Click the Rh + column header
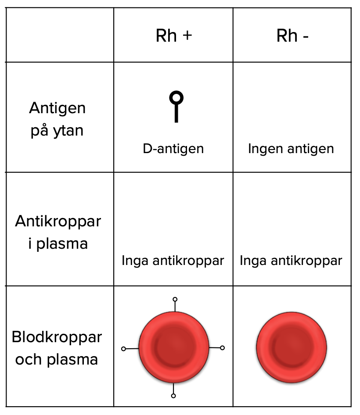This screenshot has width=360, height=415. point(174,36)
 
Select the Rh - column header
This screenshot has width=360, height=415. point(292,36)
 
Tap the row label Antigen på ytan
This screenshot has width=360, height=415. point(57,119)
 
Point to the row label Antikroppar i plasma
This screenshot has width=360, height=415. point(58,232)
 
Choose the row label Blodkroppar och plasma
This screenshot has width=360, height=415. point(57,348)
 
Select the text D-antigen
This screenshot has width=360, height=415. point(173,149)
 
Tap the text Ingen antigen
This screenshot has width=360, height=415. point(291,149)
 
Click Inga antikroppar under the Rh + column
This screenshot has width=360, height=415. point(173,261)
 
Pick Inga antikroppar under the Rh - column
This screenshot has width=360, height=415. point(291,261)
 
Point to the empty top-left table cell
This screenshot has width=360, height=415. point(60,35)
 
